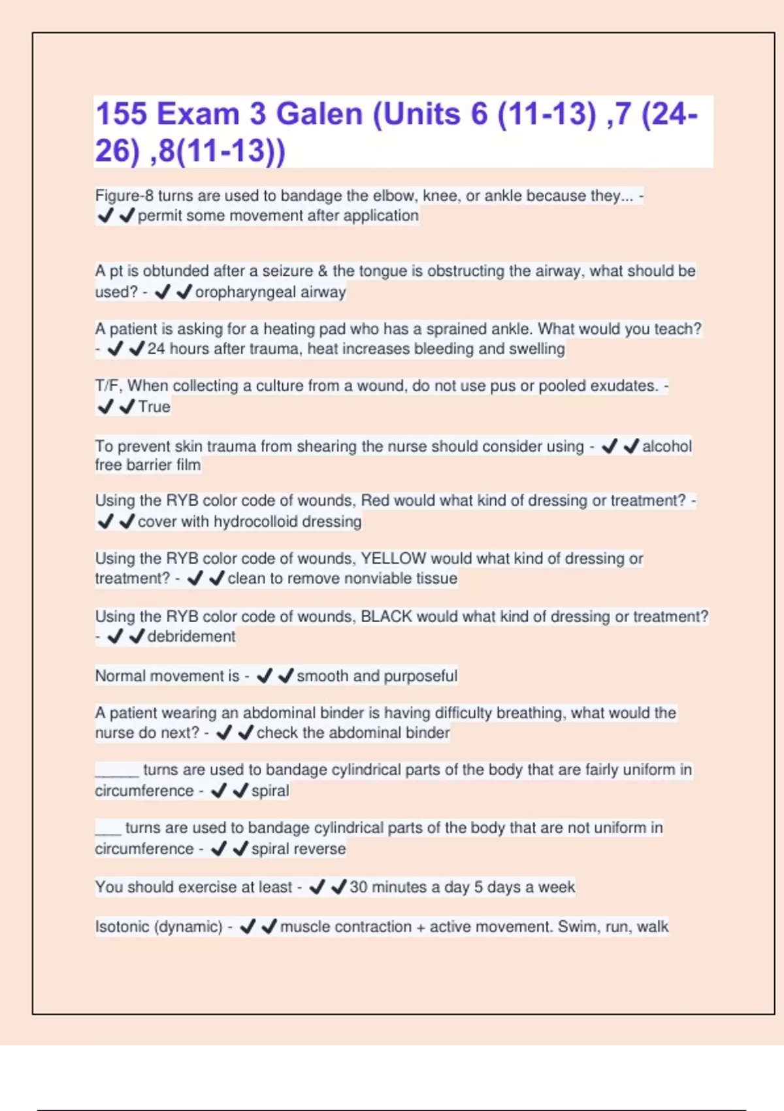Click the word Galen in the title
point(319,114)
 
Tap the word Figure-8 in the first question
point(124,195)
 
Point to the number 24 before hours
point(156,349)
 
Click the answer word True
point(154,406)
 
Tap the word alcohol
point(666,446)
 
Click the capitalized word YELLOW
point(393,559)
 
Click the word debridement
point(191,637)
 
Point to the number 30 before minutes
point(359,887)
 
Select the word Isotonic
point(124,927)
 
